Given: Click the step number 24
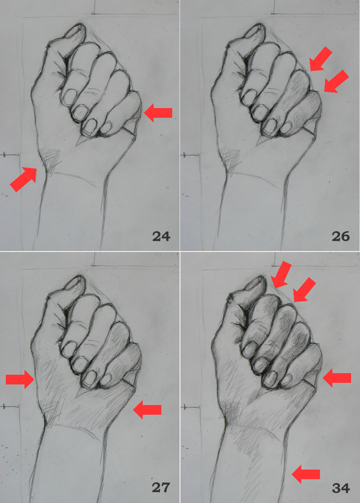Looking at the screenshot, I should (161, 236).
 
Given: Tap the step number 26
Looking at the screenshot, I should (341, 236).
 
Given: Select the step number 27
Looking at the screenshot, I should (161, 487).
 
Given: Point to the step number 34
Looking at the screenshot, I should (341, 487).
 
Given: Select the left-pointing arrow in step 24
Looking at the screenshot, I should (158, 113).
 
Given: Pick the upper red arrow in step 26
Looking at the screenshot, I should (321, 59).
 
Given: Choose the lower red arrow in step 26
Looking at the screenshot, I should (336, 81).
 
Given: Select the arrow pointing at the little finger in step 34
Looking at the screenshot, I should (337, 378).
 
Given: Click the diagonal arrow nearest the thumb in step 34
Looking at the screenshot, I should (281, 275).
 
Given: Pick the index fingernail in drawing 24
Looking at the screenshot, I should (70, 95).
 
